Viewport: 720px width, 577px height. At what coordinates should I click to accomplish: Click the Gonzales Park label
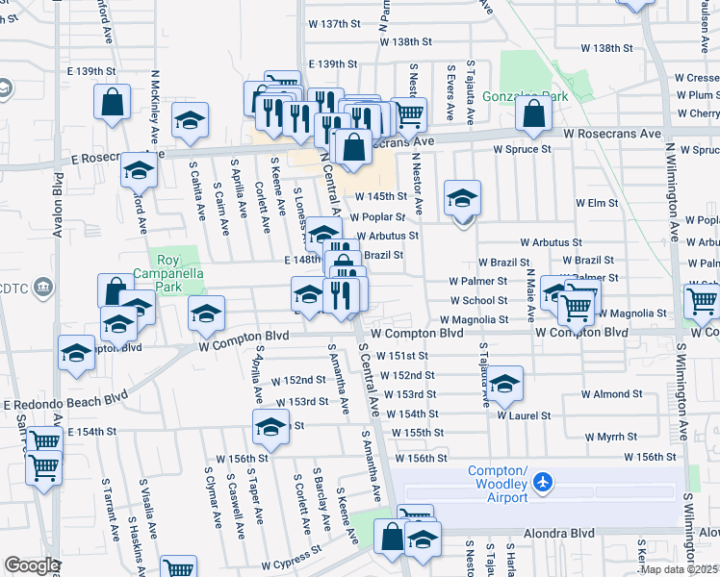(527, 96)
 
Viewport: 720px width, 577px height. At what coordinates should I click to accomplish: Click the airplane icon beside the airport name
(544, 480)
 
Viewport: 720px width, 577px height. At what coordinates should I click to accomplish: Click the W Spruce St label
(521, 149)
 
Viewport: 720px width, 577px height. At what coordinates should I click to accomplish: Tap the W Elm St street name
(596, 203)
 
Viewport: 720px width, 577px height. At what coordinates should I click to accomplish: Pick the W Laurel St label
(524, 415)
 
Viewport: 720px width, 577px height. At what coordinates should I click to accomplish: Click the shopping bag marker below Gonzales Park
(533, 114)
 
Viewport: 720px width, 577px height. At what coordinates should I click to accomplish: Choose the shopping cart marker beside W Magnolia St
(576, 307)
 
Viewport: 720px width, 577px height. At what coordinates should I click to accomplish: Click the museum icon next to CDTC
(43, 288)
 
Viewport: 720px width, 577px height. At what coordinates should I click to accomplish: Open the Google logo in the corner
(32, 564)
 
